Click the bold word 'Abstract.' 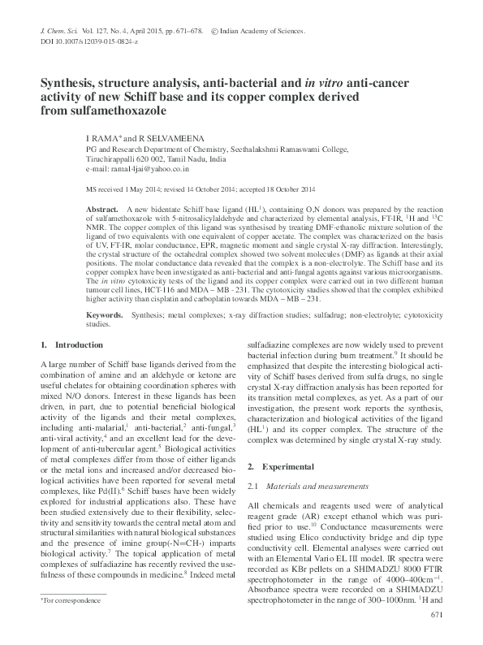[101, 210]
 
